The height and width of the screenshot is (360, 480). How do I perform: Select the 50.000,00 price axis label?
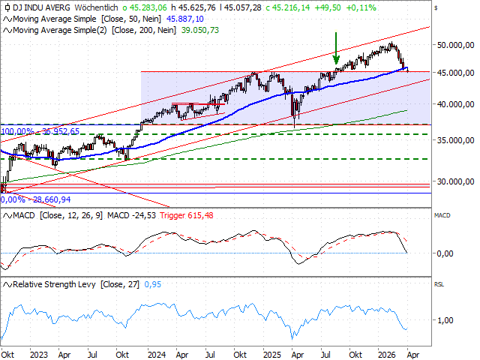coord(456,45)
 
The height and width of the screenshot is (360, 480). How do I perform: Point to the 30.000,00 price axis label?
coord(456,181)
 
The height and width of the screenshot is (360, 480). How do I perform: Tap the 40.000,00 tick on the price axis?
coord(456,104)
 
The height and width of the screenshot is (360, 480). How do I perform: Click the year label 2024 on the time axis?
coord(156,353)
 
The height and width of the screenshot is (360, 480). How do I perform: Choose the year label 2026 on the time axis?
coord(388,353)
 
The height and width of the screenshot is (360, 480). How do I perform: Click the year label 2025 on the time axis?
coord(272,353)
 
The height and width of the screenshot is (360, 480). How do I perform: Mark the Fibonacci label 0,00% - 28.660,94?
coord(37,199)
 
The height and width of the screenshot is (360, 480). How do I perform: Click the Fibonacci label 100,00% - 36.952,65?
coord(40,131)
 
